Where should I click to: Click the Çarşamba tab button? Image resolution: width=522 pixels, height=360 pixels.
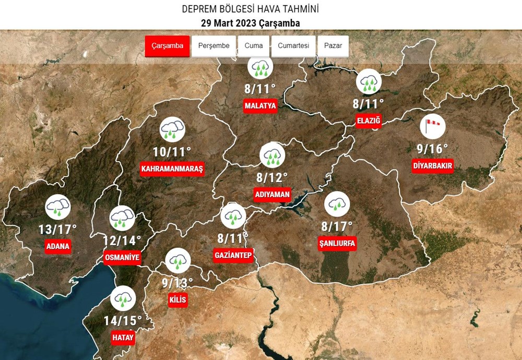[x=167, y=46]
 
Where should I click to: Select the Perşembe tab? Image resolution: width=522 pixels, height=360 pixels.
[x=214, y=46]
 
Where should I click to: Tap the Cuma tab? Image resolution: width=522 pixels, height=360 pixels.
[x=254, y=46]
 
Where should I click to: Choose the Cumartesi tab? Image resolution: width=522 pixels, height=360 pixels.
[x=293, y=46]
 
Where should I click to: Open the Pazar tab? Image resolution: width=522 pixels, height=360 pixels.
[x=333, y=46]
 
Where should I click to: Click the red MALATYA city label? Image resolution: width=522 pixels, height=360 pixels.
[x=260, y=106]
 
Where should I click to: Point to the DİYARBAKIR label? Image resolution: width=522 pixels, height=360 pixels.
[x=432, y=166]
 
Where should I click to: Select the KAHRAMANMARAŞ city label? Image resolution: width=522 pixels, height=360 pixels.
[x=172, y=169]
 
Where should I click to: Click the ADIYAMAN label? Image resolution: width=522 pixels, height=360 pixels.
[x=272, y=195]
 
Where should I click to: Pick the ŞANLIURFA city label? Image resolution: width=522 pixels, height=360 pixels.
[x=337, y=243]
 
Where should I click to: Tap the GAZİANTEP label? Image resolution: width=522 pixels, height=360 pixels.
[x=233, y=255]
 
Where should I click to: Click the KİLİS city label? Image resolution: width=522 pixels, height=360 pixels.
[x=177, y=300]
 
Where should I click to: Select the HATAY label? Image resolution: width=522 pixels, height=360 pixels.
[x=123, y=338]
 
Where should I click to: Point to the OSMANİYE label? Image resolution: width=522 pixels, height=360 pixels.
[x=123, y=258]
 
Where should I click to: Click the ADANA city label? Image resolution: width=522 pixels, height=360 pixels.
[x=57, y=246]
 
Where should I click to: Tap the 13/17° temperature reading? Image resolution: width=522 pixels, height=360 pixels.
[x=57, y=229]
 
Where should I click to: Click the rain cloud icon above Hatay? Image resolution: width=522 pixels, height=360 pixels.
[x=123, y=299]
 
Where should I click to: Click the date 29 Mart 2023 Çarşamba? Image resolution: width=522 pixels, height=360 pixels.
[x=250, y=23]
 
